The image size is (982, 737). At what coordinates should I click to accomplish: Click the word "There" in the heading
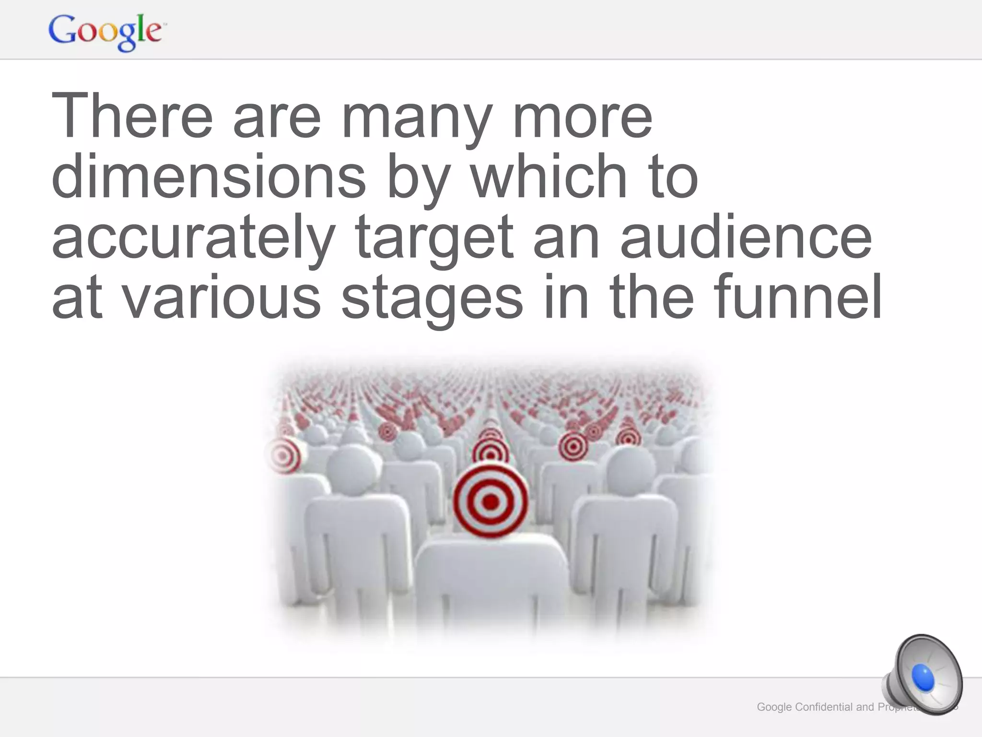pos(132,116)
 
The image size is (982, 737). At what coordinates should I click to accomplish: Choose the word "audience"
pos(746,237)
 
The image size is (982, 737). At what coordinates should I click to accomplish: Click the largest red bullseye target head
pos(491,501)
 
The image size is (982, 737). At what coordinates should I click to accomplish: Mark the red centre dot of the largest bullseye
pos(491,502)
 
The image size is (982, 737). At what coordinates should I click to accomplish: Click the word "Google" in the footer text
pos(774,707)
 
